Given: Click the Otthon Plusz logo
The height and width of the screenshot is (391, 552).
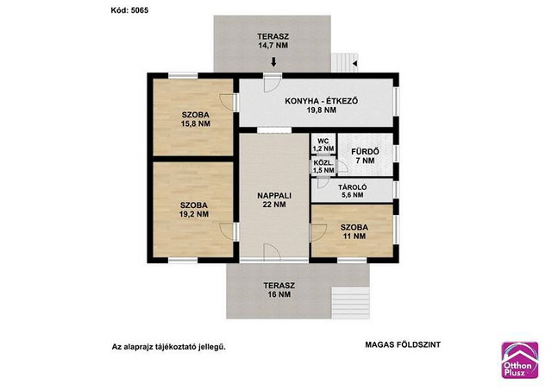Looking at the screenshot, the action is tap(519, 360).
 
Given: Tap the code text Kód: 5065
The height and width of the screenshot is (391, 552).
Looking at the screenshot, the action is tap(129, 10).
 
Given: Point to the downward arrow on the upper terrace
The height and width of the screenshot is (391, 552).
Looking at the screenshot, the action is tap(273, 62).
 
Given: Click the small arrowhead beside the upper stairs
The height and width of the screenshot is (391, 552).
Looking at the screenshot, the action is tap(354, 64).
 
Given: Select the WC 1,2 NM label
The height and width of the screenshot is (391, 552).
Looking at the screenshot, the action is tap(323, 145).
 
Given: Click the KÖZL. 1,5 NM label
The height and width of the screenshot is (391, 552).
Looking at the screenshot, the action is tap(323, 167).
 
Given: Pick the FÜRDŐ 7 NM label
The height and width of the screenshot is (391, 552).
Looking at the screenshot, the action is tap(365, 156).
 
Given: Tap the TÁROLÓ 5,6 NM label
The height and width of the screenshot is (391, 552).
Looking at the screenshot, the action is tap(353, 191).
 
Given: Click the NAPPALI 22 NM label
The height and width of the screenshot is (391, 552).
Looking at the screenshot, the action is tap(274, 200).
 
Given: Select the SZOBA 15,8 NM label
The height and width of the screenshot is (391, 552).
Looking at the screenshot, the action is tap(196, 119).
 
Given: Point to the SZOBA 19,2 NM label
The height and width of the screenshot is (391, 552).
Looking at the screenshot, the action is tap(194, 210).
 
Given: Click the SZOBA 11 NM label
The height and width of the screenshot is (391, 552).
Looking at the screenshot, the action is tap(354, 231).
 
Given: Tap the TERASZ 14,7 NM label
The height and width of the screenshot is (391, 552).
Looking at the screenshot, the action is tap(273, 41).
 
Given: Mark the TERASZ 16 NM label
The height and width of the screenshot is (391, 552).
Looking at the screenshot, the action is tap(279, 290).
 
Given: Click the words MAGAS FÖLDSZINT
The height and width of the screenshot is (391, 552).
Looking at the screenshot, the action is tap(403, 345).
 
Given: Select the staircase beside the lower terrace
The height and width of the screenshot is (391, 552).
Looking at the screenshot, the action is tap(351, 303).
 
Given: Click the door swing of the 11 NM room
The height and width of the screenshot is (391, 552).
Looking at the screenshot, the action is tap(318, 233).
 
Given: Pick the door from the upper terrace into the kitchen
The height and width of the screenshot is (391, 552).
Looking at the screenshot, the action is tap(273, 84).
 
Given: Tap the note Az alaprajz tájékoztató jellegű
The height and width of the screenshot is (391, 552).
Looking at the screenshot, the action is tap(169, 347).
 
